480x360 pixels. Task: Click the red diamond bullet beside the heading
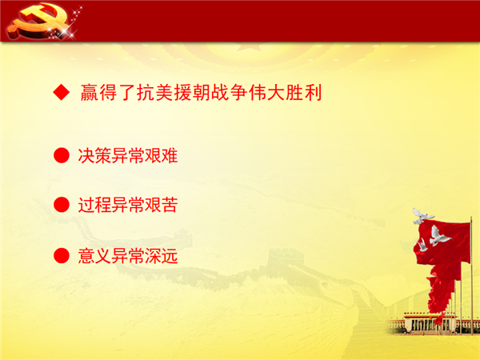pyautogui.click(x=62, y=92)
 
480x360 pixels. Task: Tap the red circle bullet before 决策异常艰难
pyautogui.click(x=62, y=155)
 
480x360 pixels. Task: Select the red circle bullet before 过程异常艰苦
pyautogui.click(x=62, y=205)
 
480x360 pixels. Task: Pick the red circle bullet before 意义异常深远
pyautogui.click(x=62, y=256)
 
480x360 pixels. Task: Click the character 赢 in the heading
pyautogui.click(x=90, y=92)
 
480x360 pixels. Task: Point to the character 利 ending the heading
pyautogui.click(x=313, y=92)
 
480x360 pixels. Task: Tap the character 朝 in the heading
pyautogui.click(x=201, y=92)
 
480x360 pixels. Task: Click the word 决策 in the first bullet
pyautogui.click(x=94, y=155)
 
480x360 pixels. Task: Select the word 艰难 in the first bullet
pyautogui.click(x=161, y=155)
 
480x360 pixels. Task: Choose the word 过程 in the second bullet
pyautogui.click(x=94, y=205)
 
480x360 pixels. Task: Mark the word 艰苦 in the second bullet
pyautogui.click(x=161, y=205)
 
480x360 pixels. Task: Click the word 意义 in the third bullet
pyautogui.click(x=94, y=256)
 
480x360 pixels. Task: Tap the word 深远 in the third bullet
pyautogui.click(x=161, y=256)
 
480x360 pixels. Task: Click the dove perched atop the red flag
pyautogui.click(x=422, y=216)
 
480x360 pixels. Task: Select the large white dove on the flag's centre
pyautogui.click(x=438, y=236)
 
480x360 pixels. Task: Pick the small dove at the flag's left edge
pyautogui.click(x=422, y=246)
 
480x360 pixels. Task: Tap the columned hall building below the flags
pyautogui.click(x=429, y=323)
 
